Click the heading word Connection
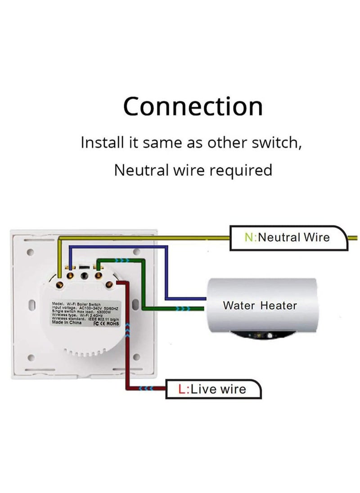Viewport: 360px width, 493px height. (193, 107)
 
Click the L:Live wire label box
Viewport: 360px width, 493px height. (213, 389)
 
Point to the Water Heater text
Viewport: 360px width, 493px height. (260, 306)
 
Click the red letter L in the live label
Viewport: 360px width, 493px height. (182, 389)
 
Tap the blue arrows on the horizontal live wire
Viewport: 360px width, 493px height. (146, 388)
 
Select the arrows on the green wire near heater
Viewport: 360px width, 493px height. (183, 309)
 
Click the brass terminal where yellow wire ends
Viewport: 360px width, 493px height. (60, 283)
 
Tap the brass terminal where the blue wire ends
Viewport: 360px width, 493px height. (70, 273)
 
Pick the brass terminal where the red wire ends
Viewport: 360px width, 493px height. (109, 283)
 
